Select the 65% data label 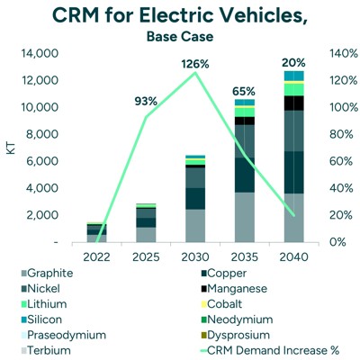point(245,91)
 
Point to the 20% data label point(293,63)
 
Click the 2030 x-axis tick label point(195,256)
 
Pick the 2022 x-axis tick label point(96,256)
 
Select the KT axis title point(11,147)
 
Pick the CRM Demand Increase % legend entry point(270,350)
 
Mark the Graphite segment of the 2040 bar point(293,218)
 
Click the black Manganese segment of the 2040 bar point(293,103)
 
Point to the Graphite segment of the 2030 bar point(195,226)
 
